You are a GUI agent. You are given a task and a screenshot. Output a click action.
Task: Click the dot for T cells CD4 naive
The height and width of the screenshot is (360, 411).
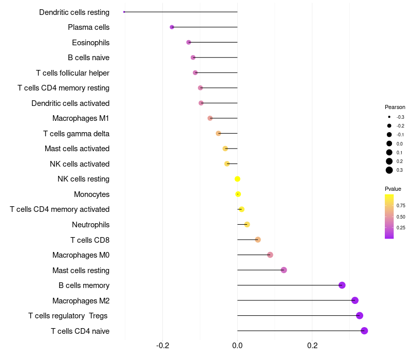coord(364,331)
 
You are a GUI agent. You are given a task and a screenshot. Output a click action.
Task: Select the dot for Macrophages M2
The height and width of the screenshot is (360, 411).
coord(354,300)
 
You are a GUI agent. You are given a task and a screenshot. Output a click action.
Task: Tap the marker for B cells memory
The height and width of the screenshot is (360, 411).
coord(342,285)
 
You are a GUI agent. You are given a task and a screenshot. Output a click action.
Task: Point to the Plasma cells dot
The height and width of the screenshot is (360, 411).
coord(172,27)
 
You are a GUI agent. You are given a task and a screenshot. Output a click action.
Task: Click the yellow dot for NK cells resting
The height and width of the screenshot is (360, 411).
coord(237,179)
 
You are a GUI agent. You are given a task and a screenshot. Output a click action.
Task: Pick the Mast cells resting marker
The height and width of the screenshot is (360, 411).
coord(284,270)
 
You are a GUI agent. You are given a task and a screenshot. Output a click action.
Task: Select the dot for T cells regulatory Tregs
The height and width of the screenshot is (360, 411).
coord(360,316)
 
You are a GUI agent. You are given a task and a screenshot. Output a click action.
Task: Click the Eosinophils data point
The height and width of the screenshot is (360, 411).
coord(189,42)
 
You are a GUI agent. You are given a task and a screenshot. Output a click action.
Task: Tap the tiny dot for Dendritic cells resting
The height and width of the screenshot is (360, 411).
coord(124,12)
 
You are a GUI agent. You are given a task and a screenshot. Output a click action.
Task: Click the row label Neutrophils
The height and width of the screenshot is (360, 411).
coord(90,225)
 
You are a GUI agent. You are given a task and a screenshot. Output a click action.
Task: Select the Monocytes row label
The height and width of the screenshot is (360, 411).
coord(91,194)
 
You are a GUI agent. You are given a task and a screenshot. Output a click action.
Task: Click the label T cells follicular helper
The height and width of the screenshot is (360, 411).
coord(72,73)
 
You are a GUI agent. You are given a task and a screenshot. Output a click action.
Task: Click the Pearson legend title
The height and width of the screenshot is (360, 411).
coord(395,107)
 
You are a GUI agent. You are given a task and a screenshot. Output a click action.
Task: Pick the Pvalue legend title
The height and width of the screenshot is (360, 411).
coord(393,189)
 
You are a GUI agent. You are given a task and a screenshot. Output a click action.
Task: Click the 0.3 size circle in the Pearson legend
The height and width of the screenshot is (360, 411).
coord(389,170)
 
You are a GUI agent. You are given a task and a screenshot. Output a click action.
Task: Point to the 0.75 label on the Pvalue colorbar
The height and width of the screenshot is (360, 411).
coord(401,205)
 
